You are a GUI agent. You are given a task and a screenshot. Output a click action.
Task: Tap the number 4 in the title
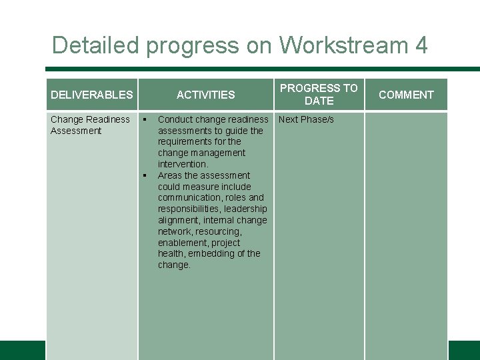(x=421, y=45)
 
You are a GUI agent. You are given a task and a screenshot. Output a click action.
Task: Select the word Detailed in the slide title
(x=95, y=45)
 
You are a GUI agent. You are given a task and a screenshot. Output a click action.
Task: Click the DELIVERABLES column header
(x=92, y=95)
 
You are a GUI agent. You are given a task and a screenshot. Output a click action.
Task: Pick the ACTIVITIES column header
(x=205, y=95)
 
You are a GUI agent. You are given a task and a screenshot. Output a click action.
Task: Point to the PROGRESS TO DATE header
(x=319, y=94)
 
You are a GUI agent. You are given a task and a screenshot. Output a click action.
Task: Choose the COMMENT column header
(x=406, y=95)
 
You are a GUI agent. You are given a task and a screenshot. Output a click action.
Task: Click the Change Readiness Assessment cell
(x=90, y=125)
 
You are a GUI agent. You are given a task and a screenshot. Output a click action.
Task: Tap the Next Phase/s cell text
(x=306, y=119)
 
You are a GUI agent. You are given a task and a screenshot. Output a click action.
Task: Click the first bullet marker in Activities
(x=143, y=120)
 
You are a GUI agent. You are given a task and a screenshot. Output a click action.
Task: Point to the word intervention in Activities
(x=183, y=164)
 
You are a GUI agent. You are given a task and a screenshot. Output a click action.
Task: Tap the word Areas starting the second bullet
(x=170, y=175)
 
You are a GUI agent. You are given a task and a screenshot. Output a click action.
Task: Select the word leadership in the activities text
(x=245, y=209)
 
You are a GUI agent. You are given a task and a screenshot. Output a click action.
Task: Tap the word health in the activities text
(x=171, y=253)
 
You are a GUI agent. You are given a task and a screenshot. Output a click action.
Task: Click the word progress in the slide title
(x=192, y=45)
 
